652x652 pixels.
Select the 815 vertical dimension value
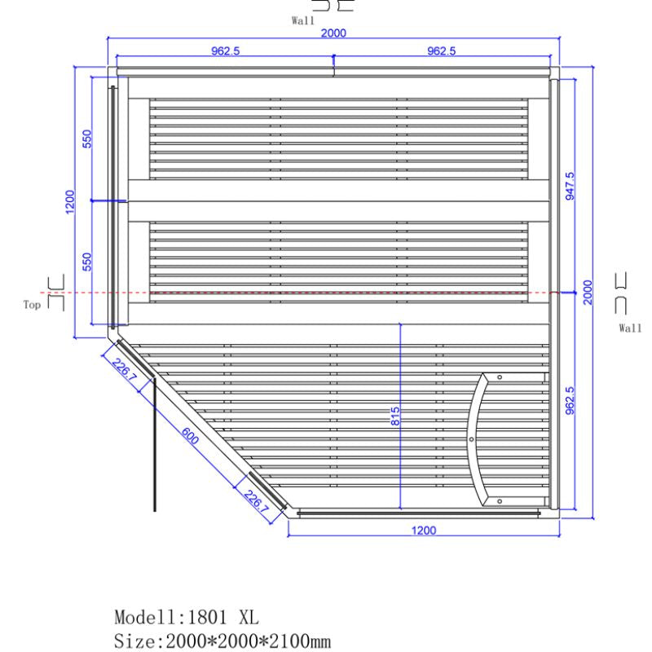[395, 417]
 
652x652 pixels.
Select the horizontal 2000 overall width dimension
[334, 33]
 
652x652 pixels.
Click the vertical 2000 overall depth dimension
[588, 291]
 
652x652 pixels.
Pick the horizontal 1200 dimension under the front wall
[423, 531]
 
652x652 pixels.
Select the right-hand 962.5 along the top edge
[442, 51]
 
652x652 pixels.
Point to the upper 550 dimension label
[88, 139]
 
